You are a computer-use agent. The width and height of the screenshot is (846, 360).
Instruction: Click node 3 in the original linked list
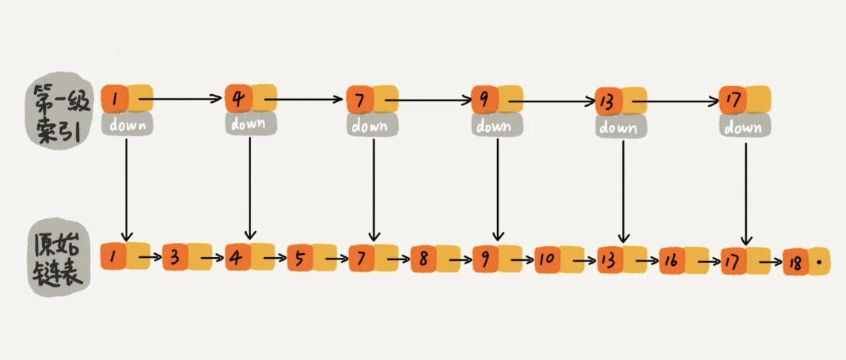click(187, 258)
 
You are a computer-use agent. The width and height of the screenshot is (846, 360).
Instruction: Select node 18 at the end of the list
click(807, 263)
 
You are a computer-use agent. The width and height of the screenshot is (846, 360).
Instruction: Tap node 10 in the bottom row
click(559, 259)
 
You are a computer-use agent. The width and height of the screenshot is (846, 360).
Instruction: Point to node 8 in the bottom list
click(435, 259)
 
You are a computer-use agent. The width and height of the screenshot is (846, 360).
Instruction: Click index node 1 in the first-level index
click(127, 99)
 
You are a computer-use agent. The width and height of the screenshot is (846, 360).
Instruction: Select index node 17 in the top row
click(745, 99)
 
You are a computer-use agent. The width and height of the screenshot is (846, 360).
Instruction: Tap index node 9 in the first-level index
click(496, 99)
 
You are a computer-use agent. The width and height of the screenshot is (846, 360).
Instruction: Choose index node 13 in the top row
click(621, 101)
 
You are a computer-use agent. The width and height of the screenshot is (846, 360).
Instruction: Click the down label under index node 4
click(251, 124)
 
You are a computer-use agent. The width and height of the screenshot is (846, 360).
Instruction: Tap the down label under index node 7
click(373, 126)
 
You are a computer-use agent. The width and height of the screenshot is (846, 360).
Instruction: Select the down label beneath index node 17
click(745, 127)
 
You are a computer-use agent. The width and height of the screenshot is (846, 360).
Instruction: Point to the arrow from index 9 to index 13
click(551, 101)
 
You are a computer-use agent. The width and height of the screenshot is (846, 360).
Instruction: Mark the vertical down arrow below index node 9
click(497, 190)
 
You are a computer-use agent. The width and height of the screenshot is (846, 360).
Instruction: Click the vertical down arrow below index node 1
click(126, 190)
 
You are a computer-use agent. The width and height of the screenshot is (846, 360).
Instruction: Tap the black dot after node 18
click(819, 263)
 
